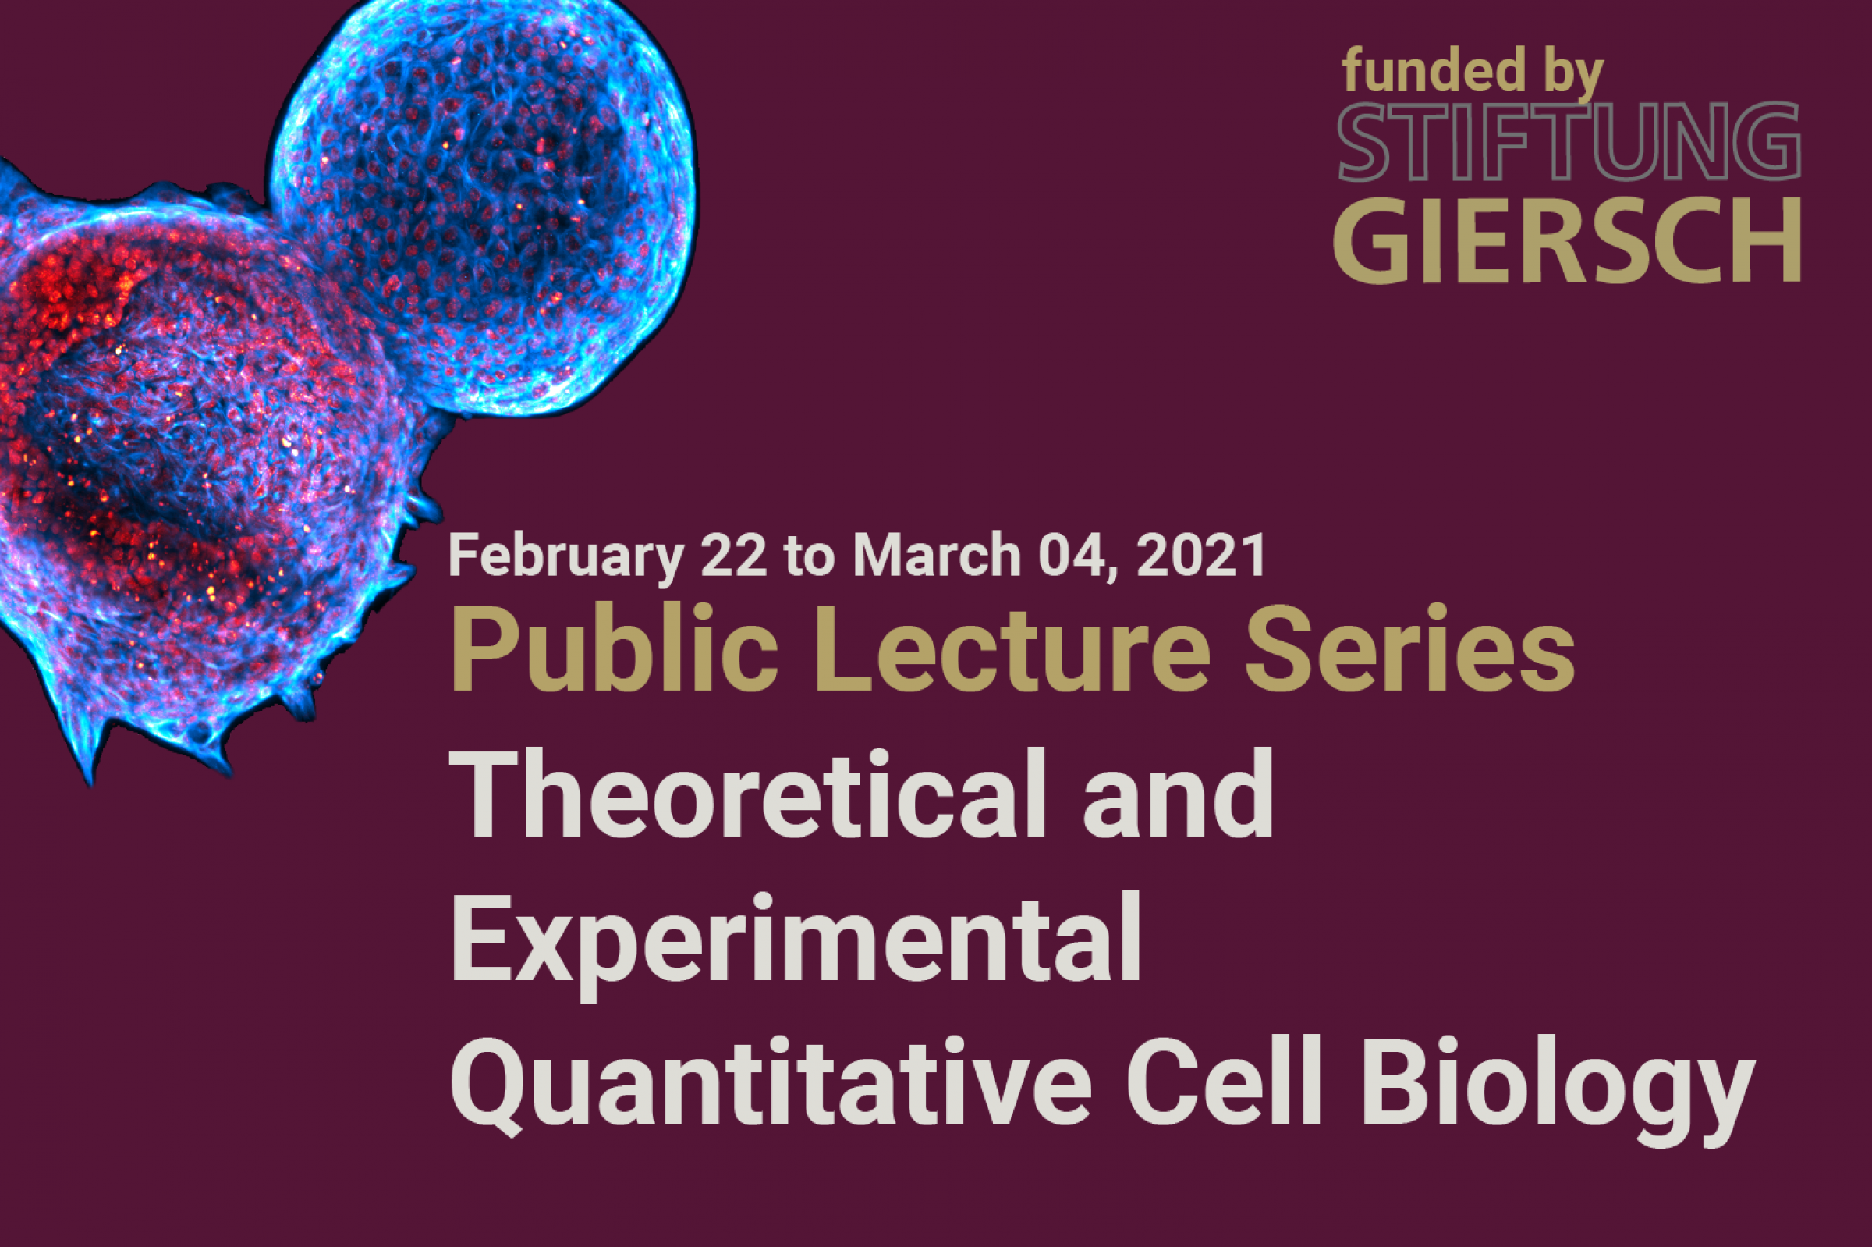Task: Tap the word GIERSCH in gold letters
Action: click(1568, 240)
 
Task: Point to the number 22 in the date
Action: click(735, 555)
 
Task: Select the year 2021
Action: click(1202, 555)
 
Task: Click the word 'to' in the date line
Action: click(810, 556)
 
